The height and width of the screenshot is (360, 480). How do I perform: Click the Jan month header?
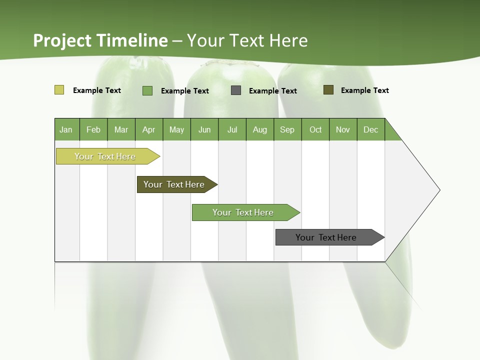(66, 129)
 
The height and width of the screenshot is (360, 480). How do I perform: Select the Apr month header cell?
(149, 129)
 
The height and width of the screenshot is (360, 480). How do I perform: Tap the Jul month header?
(232, 129)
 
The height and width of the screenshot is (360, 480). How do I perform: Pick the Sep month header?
(287, 129)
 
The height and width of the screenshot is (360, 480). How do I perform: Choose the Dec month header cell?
(370, 129)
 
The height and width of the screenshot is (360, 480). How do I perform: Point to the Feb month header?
(93, 129)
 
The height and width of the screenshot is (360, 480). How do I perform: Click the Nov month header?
(343, 129)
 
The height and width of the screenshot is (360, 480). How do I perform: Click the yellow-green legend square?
(59, 90)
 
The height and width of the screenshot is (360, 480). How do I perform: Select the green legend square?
(147, 90)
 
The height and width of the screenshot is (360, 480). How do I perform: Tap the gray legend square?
(236, 90)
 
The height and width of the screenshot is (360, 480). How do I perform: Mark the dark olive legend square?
(328, 90)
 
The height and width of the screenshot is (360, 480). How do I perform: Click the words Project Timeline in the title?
(100, 40)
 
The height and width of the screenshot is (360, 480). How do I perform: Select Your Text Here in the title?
(247, 40)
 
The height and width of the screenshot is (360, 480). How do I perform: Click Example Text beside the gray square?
(272, 91)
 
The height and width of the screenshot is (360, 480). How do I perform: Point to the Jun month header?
(204, 129)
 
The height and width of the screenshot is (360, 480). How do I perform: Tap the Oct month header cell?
(315, 129)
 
